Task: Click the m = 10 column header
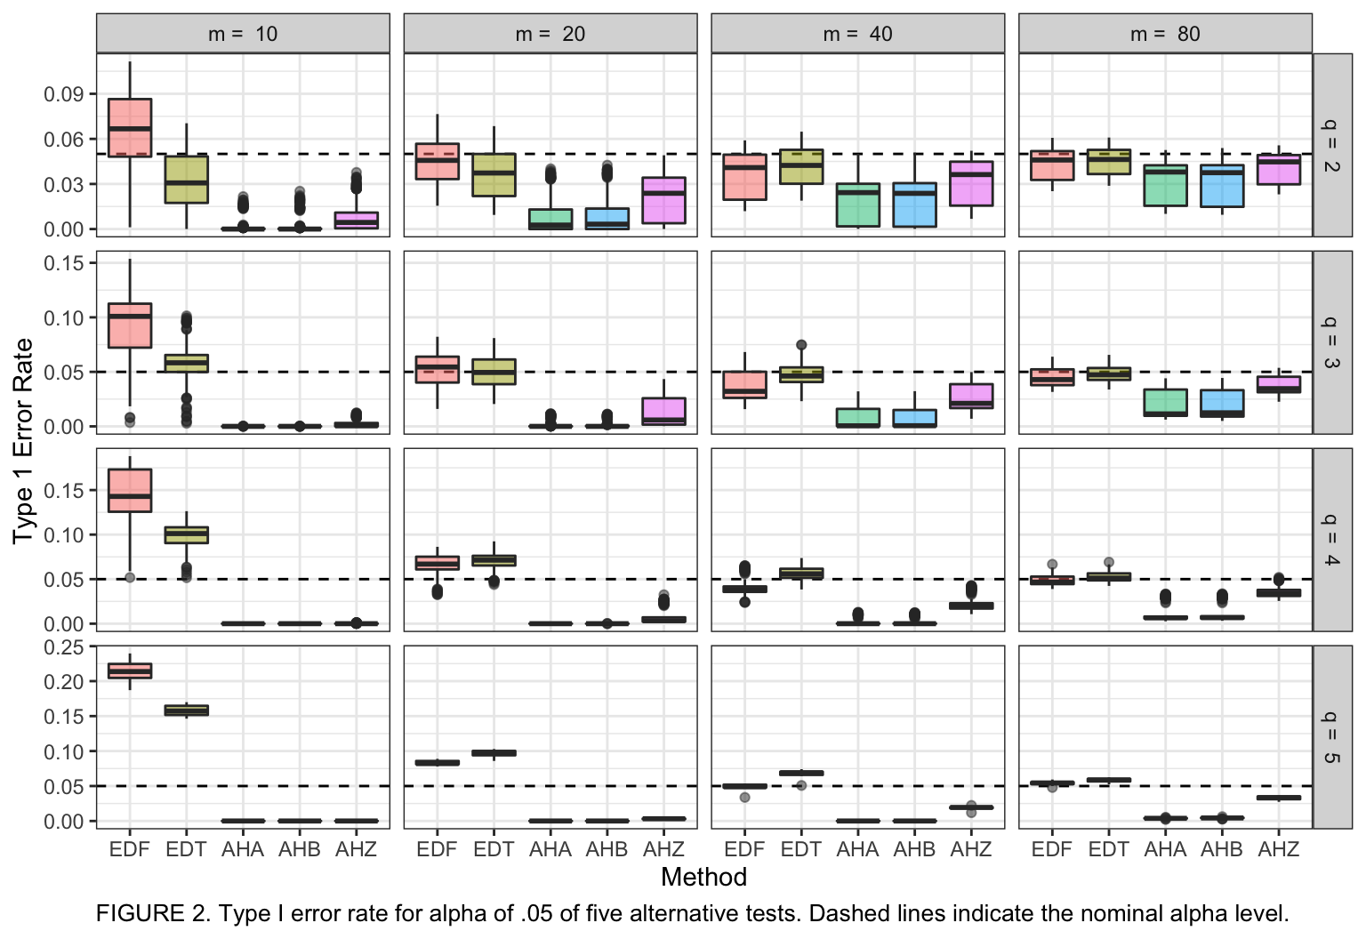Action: pyautogui.click(x=243, y=34)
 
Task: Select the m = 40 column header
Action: pyautogui.click(x=857, y=34)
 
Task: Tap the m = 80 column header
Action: pyautogui.click(x=1165, y=34)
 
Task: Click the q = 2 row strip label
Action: pyautogui.click(x=1331, y=145)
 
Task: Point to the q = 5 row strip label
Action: pyautogui.click(x=1331, y=737)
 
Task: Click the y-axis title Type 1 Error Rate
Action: pyautogui.click(x=23, y=441)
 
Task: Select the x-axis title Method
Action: pyautogui.click(x=703, y=878)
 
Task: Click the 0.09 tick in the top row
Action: pyautogui.click(x=64, y=94)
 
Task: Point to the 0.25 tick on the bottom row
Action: pyautogui.click(x=64, y=647)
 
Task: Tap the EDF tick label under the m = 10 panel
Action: pyautogui.click(x=130, y=850)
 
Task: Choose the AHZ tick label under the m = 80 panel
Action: pyautogui.click(x=1279, y=850)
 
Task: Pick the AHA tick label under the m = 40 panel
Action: pyautogui.click(x=857, y=850)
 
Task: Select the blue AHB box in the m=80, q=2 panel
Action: pyautogui.click(x=1222, y=186)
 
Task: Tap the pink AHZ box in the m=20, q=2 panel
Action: pyautogui.click(x=663, y=200)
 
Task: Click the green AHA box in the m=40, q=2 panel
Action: pyautogui.click(x=858, y=205)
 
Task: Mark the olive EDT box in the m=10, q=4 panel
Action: pyautogui.click(x=187, y=534)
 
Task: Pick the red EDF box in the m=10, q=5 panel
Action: pyautogui.click(x=130, y=670)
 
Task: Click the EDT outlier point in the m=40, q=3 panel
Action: pyautogui.click(x=801, y=345)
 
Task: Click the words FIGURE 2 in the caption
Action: pyautogui.click(x=147, y=914)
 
